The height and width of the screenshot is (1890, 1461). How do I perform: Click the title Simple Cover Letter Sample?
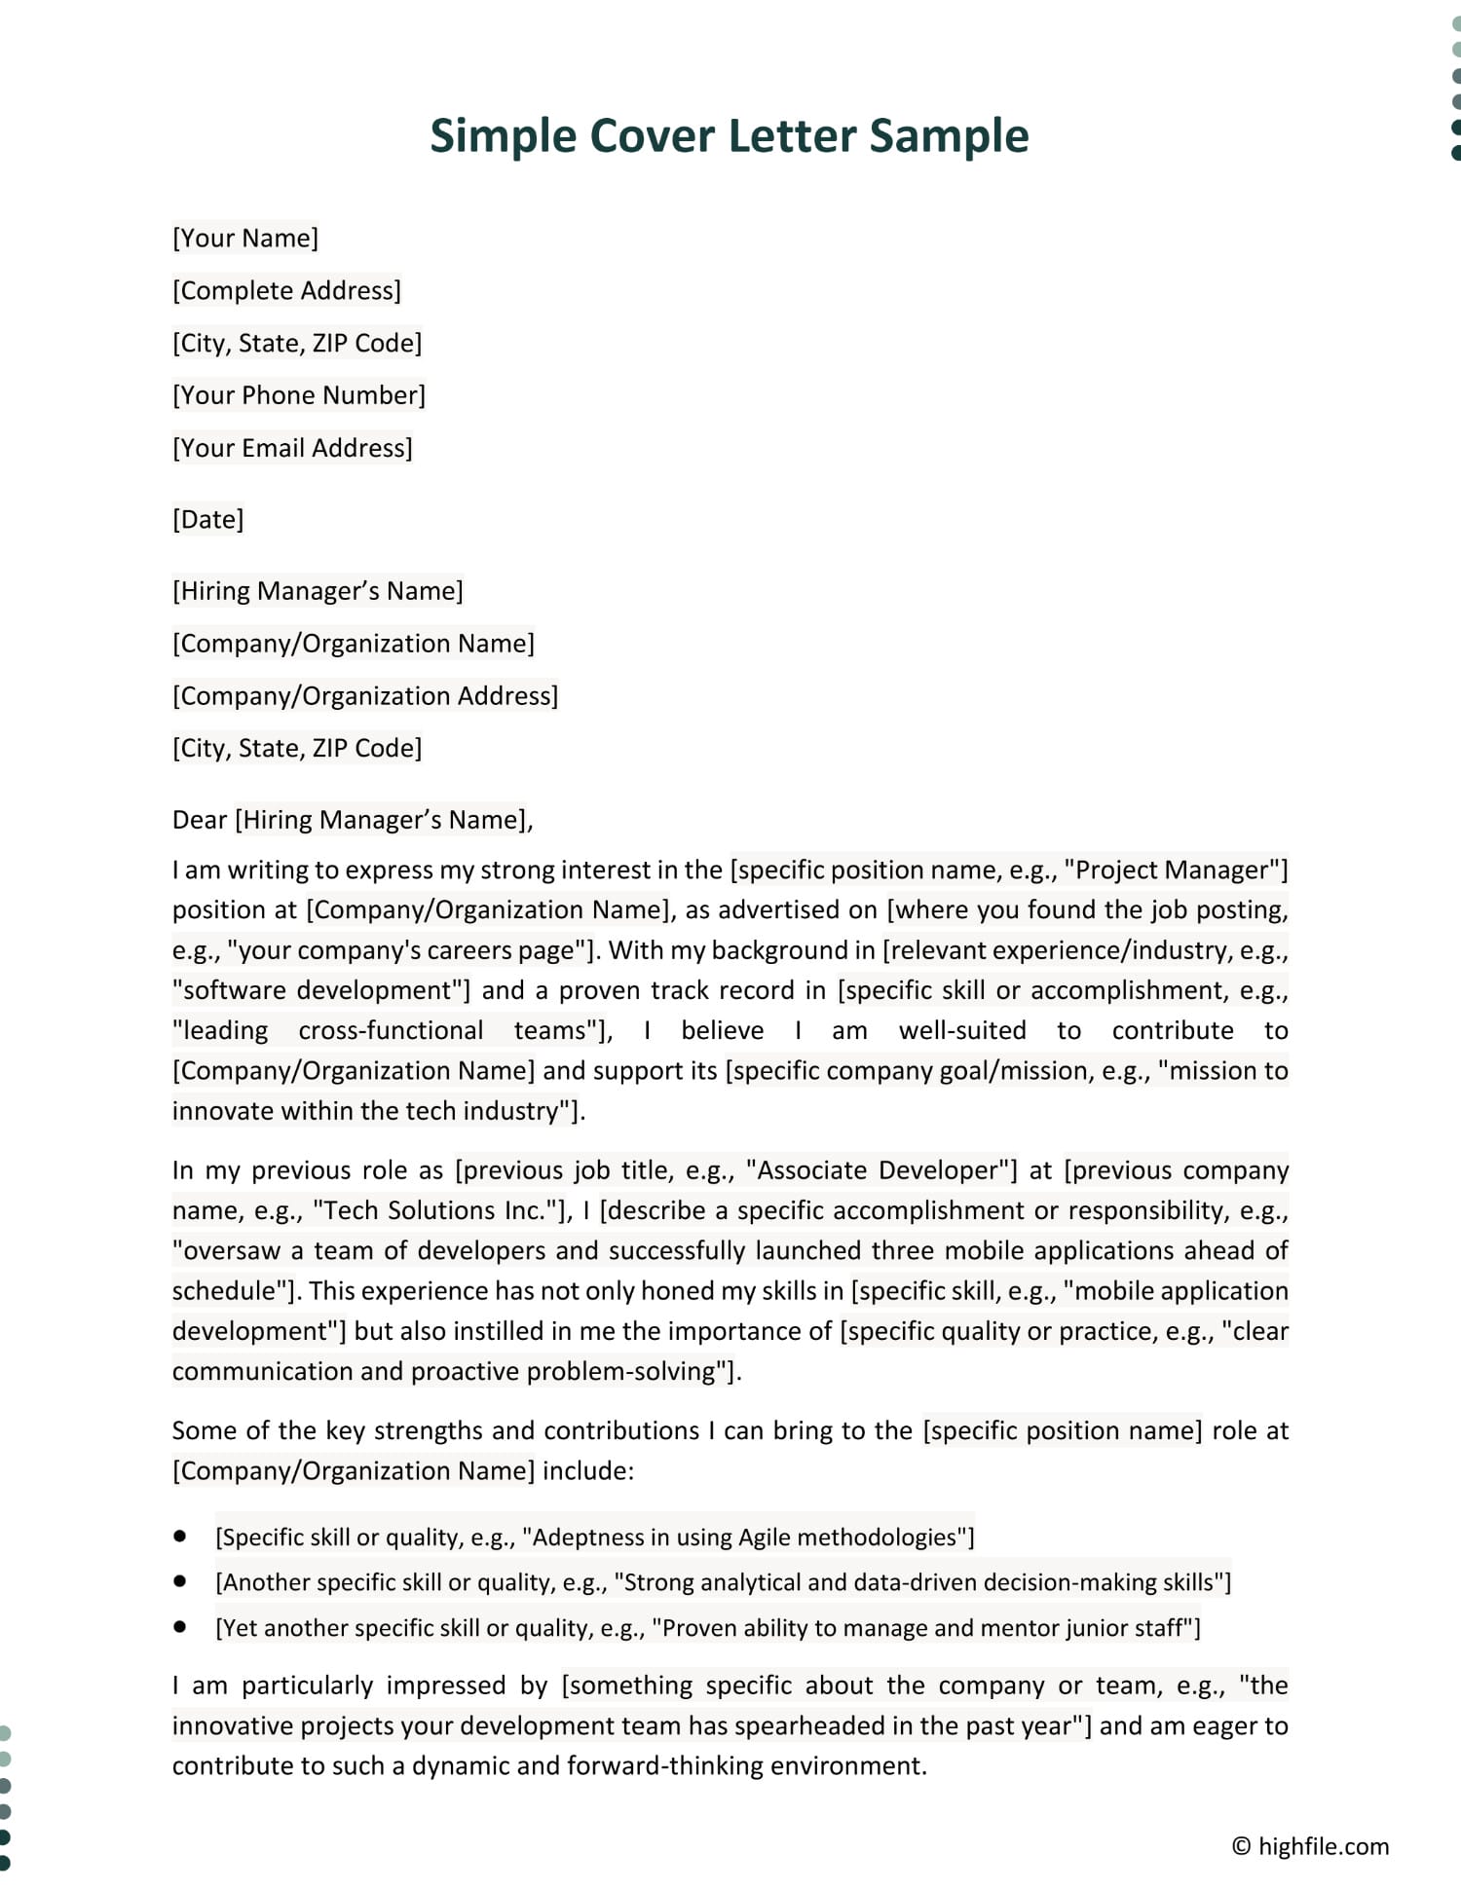click(729, 135)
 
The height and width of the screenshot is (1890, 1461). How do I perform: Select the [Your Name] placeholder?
click(245, 239)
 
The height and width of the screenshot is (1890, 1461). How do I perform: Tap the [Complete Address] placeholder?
click(286, 291)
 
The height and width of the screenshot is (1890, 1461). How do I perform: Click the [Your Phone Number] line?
click(299, 395)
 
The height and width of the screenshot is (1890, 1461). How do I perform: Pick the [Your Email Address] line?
click(292, 448)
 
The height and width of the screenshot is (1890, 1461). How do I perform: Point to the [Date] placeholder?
click(207, 519)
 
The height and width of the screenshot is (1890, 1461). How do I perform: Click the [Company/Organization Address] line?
click(365, 696)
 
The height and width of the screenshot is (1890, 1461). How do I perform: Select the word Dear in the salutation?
click(200, 820)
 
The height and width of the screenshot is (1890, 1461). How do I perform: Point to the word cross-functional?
click(391, 1030)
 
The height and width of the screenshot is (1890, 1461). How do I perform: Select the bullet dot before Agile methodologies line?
click(179, 1536)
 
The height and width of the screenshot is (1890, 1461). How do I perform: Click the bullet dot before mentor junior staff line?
click(179, 1626)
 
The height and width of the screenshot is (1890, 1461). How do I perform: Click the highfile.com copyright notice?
click(1310, 1846)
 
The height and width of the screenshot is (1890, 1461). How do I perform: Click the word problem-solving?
click(621, 1371)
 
